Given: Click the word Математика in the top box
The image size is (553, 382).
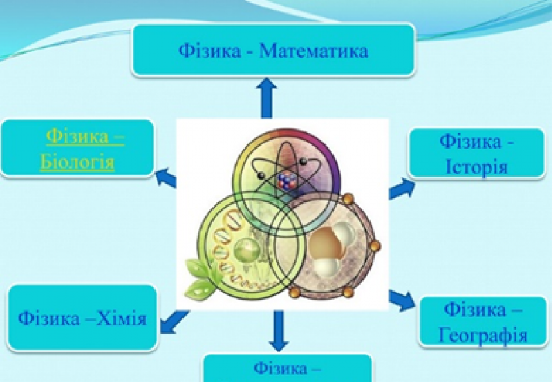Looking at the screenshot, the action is [314, 51].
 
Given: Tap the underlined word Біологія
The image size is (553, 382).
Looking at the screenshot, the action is [77, 162].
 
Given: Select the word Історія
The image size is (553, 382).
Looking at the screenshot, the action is [476, 166].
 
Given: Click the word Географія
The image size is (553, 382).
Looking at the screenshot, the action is [482, 335].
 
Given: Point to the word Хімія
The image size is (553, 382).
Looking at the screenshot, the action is [122, 319].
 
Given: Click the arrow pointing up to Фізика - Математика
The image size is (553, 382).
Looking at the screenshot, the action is [267, 97].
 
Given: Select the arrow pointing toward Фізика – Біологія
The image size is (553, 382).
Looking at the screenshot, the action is [166, 176].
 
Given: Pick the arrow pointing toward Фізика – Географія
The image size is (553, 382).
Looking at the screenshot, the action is [402, 300].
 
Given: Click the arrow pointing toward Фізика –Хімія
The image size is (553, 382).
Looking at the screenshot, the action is [175, 321].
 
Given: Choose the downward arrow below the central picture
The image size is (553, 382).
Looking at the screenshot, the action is [279, 331].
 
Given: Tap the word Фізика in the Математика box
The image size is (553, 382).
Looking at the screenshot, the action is [209, 51].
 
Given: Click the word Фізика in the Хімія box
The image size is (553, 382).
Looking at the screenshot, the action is [49, 319].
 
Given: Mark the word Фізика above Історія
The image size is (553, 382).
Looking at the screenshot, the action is [471, 142].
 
